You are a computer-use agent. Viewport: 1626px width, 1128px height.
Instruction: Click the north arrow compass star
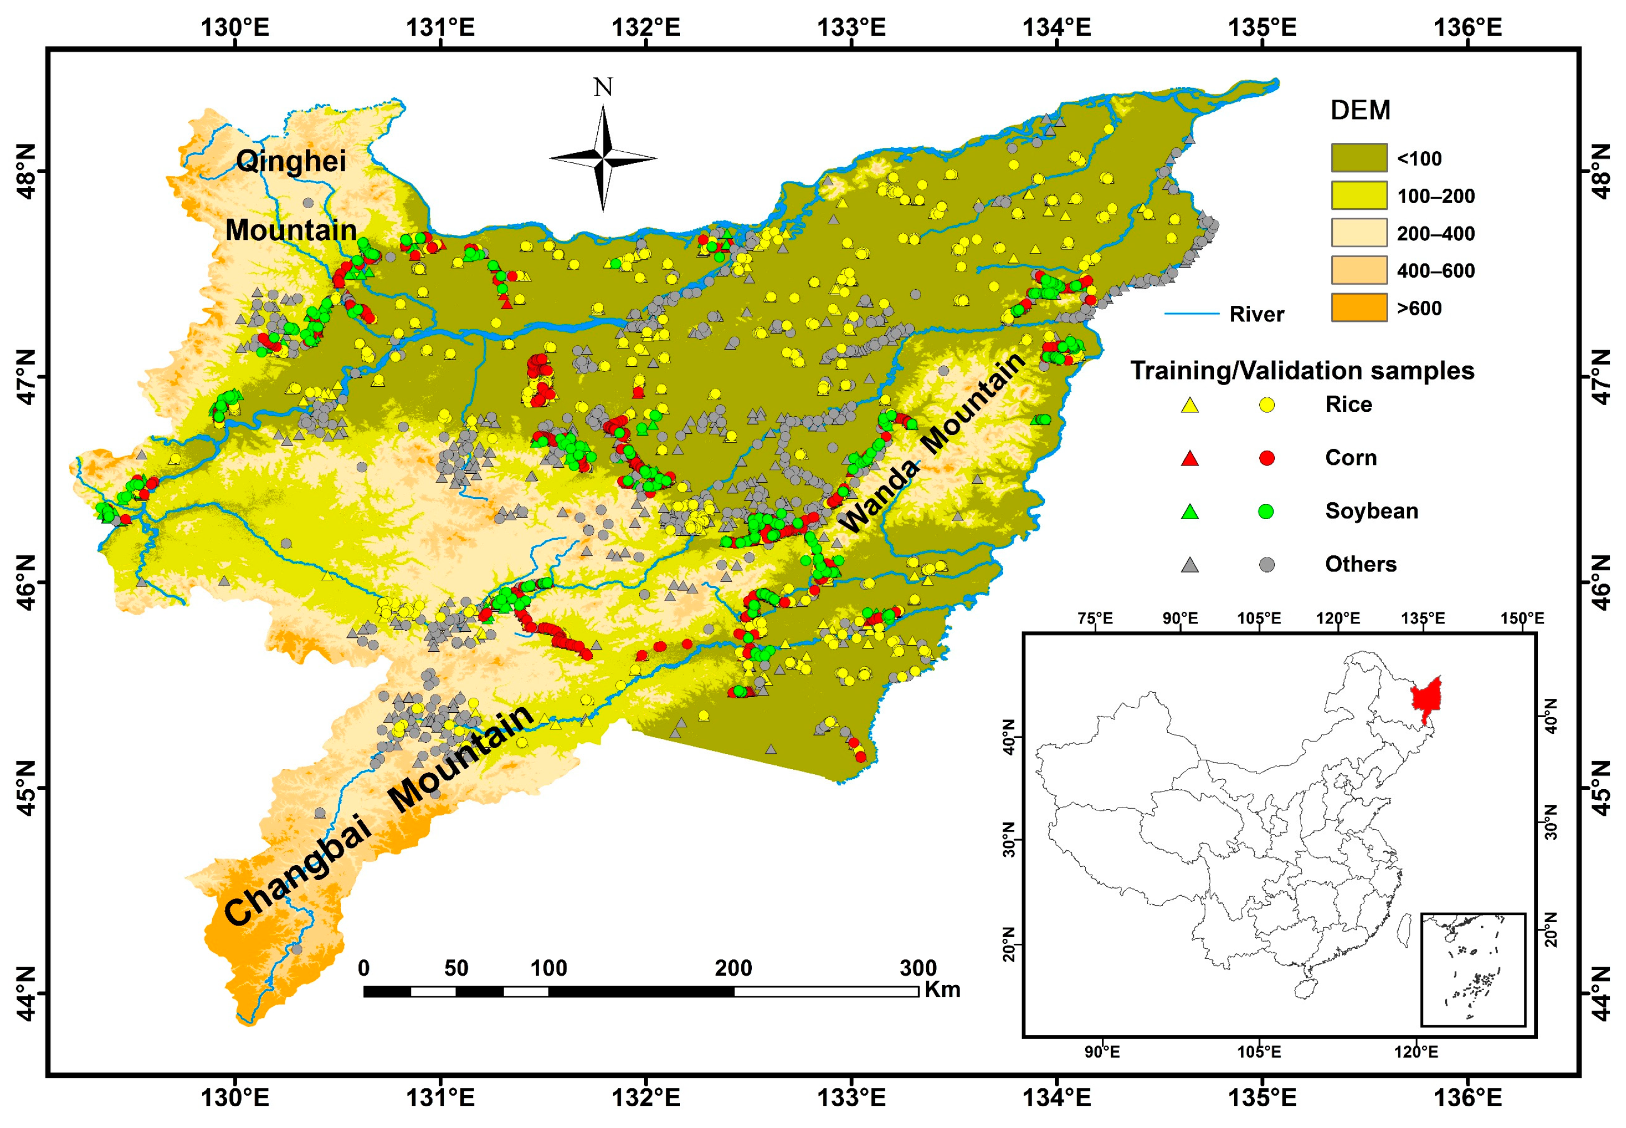(x=603, y=159)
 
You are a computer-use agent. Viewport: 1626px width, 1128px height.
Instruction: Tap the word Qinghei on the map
(x=290, y=161)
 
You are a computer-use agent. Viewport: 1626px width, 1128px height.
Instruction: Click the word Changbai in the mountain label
(x=297, y=871)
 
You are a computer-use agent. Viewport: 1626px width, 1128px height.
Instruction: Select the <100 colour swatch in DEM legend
(x=1358, y=157)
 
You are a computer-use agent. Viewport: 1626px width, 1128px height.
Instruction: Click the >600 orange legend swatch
(x=1358, y=308)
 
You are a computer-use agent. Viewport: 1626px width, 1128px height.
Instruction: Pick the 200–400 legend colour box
(x=1358, y=233)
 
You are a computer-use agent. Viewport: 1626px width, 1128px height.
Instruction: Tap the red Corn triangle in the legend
(x=1190, y=459)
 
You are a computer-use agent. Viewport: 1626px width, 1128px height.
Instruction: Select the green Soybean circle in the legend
(x=1267, y=511)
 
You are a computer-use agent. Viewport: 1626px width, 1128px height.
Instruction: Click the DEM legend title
(x=1360, y=111)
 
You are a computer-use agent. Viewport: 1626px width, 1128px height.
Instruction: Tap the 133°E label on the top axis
(x=851, y=27)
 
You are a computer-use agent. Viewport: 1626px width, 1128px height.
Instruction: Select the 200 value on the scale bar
(x=733, y=968)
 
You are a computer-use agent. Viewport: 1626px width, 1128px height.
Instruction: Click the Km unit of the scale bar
(x=942, y=990)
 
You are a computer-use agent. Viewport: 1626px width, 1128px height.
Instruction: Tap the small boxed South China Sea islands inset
(x=1472, y=969)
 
